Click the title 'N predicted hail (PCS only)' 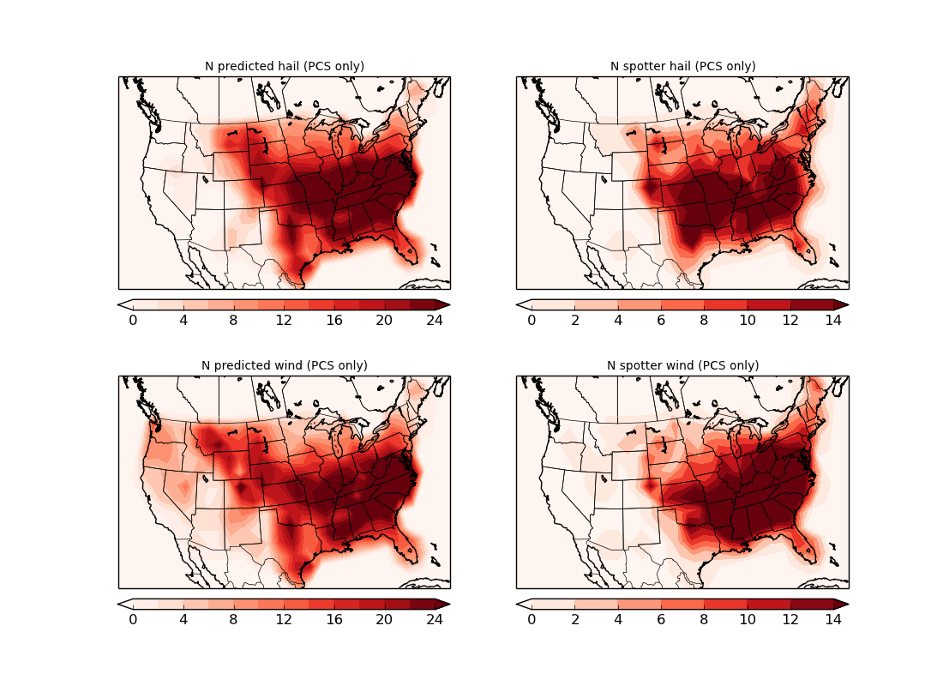pos(284,66)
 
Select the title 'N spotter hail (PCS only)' pos(682,66)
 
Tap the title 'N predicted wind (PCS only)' pos(284,365)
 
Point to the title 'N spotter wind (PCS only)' pos(682,365)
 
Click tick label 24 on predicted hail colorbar pos(435,321)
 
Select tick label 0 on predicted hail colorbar pos(133,321)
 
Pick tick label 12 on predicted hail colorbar pos(284,321)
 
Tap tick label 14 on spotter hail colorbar pos(832,321)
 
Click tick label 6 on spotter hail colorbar pos(660,321)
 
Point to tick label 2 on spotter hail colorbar pos(574,321)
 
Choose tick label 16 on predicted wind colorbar pos(334,620)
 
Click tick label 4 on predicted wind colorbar pos(183,620)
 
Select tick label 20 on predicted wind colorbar pos(384,620)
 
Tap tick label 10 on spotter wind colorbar pos(747,620)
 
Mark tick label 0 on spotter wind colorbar pos(532,620)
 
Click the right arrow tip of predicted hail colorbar pos(447,304)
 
